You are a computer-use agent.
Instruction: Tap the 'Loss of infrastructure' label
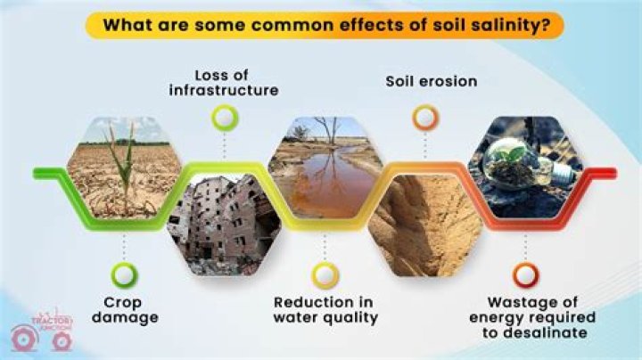pyautogui.click(x=224, y=81)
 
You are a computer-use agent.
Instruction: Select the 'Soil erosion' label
pyautogui.click(x=431, y=81)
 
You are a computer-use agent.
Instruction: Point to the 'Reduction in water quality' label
pyautogui.click(x=325, y=309)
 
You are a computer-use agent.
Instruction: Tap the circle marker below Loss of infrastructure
pyautogui.click(x=224, y=117)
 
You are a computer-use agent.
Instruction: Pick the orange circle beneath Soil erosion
pyautogui.click(x=424, y=117)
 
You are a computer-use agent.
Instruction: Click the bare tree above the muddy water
pyautogui.click(x=332, y=135)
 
